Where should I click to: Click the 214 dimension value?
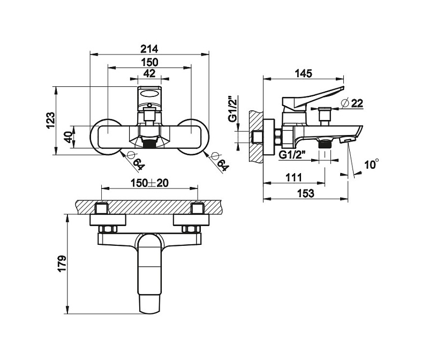coord(150,48)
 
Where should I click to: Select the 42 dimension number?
coord(150,73)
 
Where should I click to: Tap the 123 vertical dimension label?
coord(50,120)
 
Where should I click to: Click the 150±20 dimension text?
coord(150,183)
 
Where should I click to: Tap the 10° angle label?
coord(371,164)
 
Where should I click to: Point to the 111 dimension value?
coord(294,177)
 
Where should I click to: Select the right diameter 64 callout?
coord(220,160)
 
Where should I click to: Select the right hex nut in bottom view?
coord(190,230)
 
